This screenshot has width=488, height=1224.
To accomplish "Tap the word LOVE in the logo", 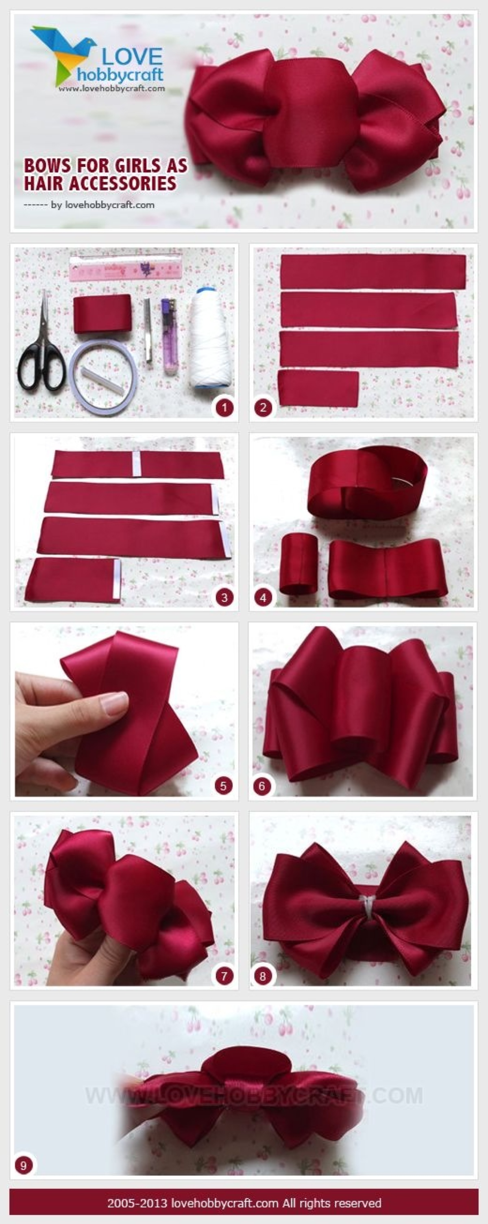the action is pos(132,58).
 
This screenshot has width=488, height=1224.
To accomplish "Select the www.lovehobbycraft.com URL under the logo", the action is pos(112,89).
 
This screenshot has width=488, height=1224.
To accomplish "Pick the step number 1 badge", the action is pos(224,407).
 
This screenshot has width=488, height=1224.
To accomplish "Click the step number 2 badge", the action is pos(263,407).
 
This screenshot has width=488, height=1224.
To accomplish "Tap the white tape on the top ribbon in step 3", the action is pos(137,464).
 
